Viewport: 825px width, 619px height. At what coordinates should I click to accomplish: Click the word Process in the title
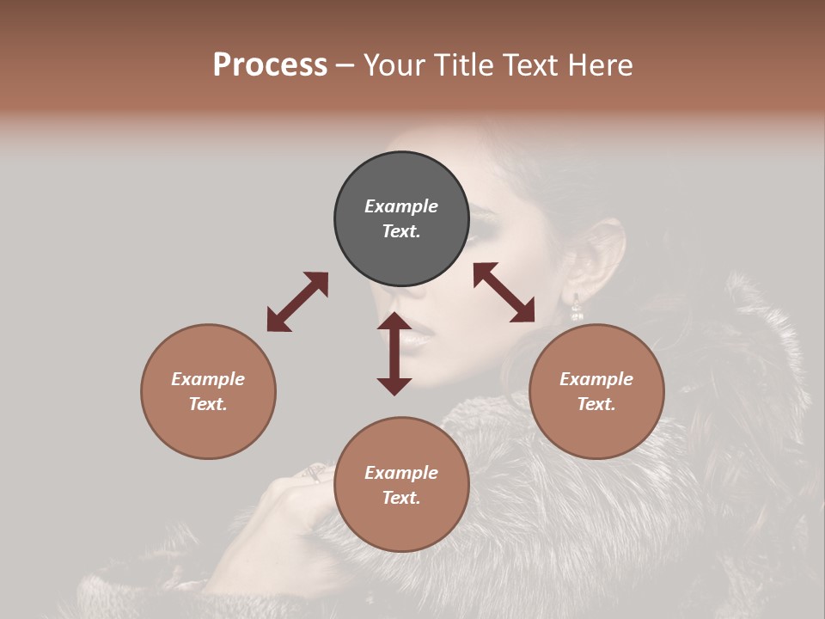tap(270, 65)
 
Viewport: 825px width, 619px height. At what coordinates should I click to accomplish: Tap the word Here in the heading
tap(597, 65)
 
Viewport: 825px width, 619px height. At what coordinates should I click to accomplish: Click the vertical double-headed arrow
tap(394, 353)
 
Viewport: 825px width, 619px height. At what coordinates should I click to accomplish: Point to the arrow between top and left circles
tap(297, 302)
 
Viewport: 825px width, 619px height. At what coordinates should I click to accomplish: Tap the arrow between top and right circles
tap(504, 292)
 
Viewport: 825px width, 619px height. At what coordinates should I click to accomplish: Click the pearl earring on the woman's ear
tap(577, 308)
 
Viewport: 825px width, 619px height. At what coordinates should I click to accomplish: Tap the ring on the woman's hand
tap(315, 472)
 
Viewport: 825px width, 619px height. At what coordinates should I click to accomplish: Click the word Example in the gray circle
tap(401, 206)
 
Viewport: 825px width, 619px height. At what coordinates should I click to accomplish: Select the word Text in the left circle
tap(207, 404)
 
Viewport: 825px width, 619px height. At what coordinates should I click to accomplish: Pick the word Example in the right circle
tap(596, 379)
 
